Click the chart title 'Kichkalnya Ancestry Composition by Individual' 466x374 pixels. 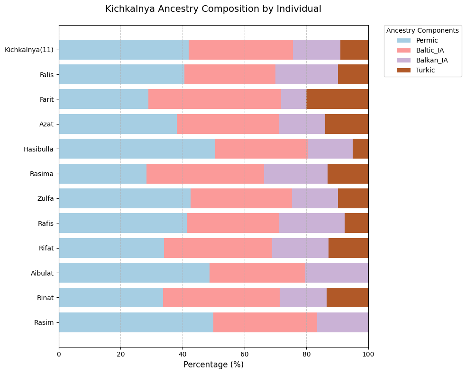(213, 9)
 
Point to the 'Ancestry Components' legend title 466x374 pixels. (422, 30)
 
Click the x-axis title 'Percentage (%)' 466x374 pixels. (213, 365)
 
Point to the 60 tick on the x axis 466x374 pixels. (245, 353)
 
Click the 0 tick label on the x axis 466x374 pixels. (59, 353)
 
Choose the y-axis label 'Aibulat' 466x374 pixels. (43, 273)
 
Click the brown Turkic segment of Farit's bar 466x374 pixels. (337, 99)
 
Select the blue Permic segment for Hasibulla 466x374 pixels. (137, 149)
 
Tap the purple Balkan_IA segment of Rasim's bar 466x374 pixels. (343, 322)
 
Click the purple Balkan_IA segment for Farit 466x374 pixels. (294, 99)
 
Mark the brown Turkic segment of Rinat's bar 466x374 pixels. (347, 297)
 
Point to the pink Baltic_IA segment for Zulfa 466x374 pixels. (241, 198)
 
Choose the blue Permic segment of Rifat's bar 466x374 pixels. (111, 248)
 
